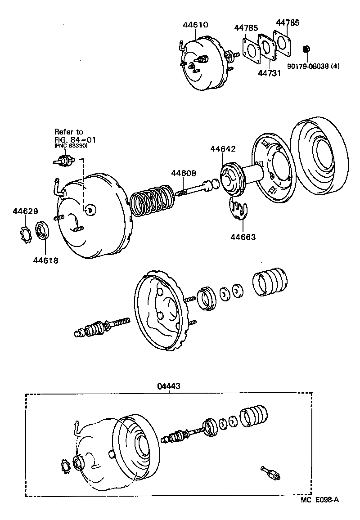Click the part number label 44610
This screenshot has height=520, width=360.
(x=195, y=25)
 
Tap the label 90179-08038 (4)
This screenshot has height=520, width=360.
(x=313, y=66)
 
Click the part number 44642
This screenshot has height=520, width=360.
(x=222, y=149)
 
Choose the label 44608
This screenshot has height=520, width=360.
(x=183, y=173)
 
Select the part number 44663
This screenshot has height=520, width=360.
(x=243, y=237)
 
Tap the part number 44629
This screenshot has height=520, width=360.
(x=25, y=211)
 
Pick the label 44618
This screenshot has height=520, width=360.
(x=45, y=260)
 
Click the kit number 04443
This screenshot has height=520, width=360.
(x=169, y=386)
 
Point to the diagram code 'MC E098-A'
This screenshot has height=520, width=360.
(x=319, y=511)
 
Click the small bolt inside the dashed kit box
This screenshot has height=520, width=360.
(x=270, y=473)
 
